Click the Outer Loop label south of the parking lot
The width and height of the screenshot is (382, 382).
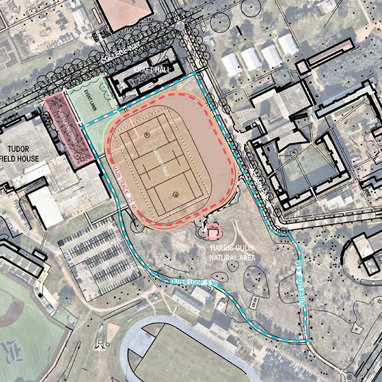point(186,282)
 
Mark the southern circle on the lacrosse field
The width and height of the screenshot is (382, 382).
point(175,194)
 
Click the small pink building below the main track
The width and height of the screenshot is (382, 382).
point(212,232)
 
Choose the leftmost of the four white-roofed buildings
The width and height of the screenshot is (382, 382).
point(232,64)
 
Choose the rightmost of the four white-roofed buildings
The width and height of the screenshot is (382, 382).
point(288,43)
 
